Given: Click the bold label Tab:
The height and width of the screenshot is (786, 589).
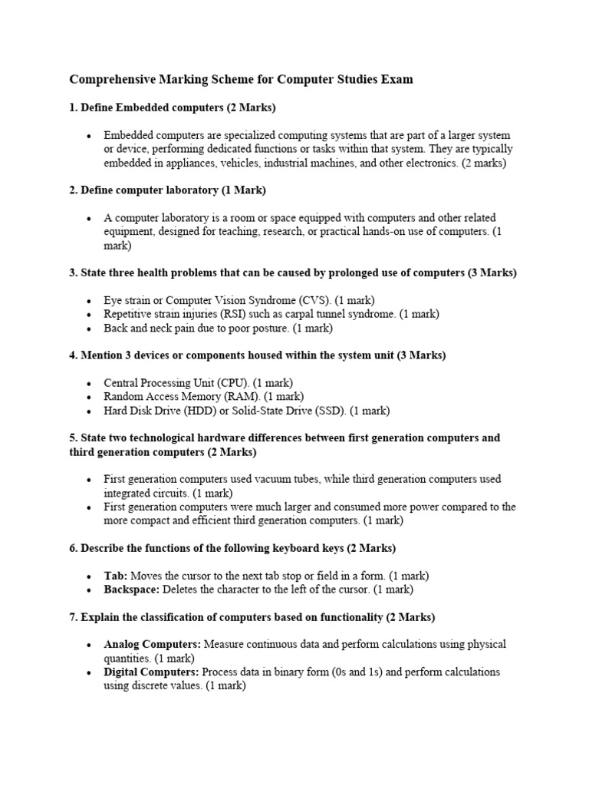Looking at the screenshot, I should pyautogui.click(x=116, y=576).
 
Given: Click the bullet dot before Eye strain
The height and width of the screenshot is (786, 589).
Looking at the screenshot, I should pyautogui.click(x=89, y=301).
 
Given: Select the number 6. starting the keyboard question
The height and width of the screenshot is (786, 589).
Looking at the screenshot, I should pyautogui.click(x=74, y=548).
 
